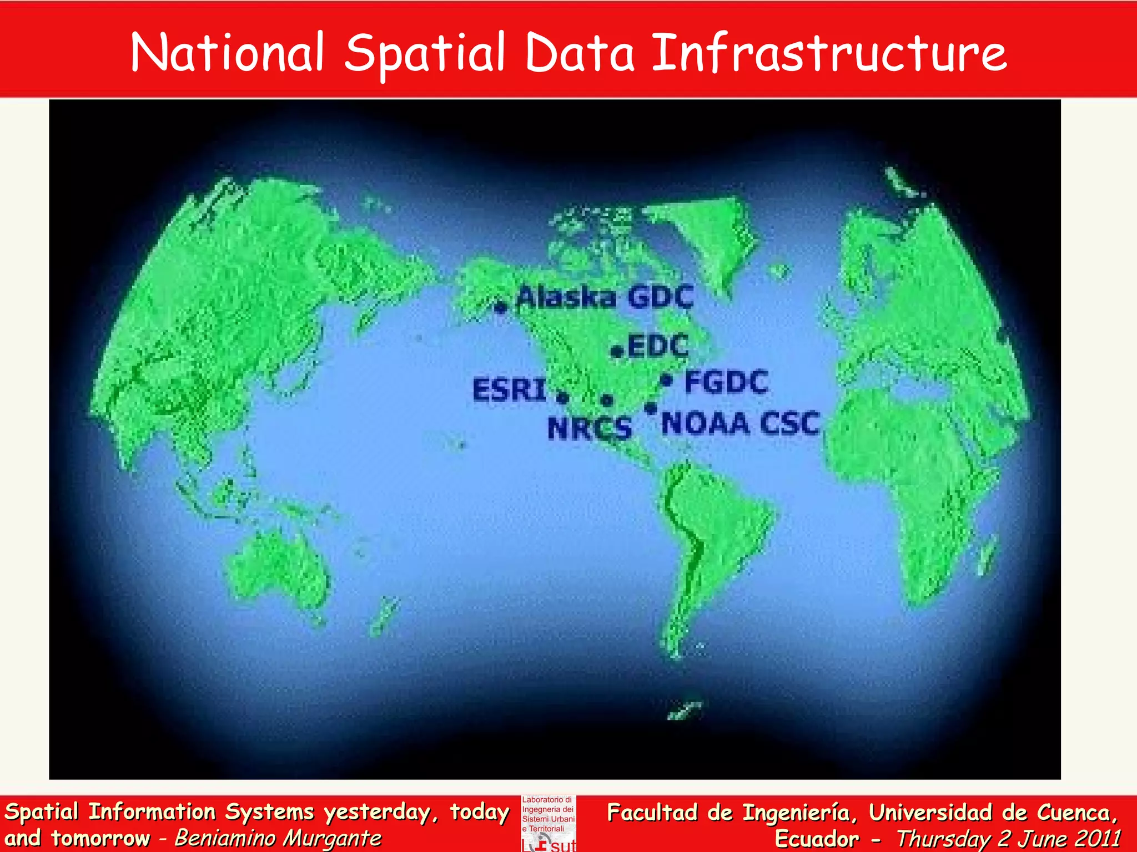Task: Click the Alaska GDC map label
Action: coord(605,298)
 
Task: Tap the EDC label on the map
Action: coord(658,347)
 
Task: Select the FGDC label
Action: coord(726,382)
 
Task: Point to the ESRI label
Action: coord(509,389)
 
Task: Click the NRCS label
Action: coord(590,428)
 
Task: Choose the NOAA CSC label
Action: coord(740,424)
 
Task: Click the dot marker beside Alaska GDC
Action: coord(501,307)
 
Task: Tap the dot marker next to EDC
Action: coord(617,352)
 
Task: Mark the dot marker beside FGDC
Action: coord(667,381)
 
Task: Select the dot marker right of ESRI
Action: coord(562,398)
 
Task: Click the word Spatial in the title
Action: coord(425,54)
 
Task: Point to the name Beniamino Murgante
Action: coord(278,838)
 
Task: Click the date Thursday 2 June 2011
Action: coord(1008,838)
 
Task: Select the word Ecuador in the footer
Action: coord(817,838)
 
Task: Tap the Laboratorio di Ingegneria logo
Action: coord(549,823)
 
